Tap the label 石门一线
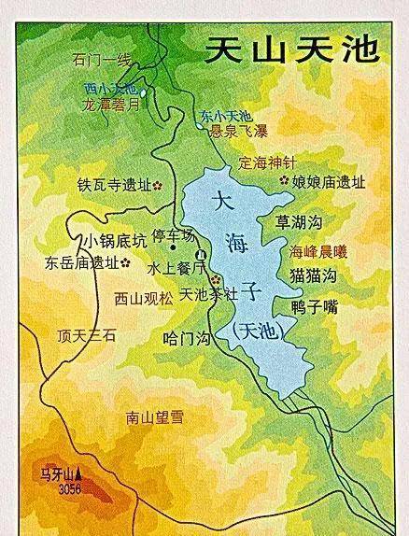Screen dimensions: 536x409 tap(102, 61)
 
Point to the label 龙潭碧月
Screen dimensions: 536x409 tap(116, 106)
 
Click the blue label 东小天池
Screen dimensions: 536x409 tap(225, 117)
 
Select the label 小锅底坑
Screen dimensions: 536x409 tap(113, 241)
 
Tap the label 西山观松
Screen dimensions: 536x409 tap(143, 300)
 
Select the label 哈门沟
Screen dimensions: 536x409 tap(185, 338)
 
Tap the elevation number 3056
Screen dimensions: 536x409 tap(70, 488)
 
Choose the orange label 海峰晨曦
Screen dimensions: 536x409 tap(318, 251)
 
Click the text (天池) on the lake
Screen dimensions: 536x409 tap(253, 330)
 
